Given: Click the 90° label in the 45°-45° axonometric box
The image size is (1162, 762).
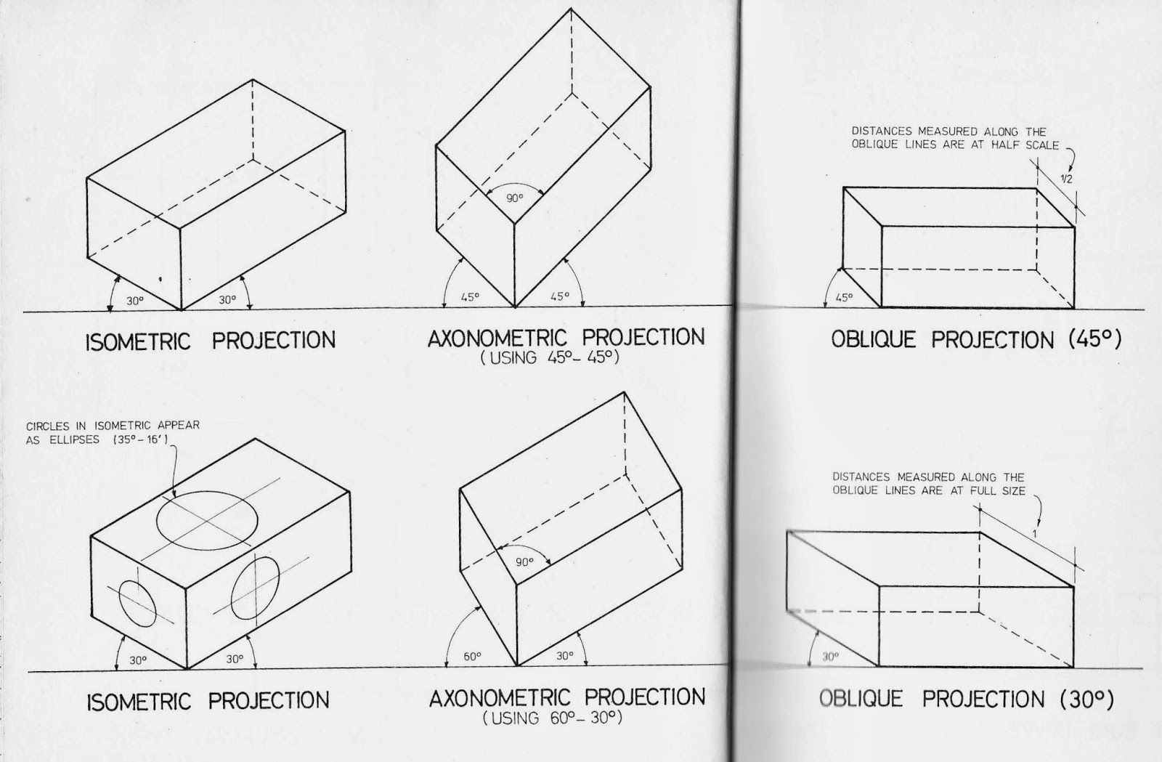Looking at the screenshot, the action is pos(515,198).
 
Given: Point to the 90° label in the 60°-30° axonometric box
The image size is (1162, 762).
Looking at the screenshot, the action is pos(524,562).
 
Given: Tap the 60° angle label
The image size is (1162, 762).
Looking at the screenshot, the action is pos(472,656).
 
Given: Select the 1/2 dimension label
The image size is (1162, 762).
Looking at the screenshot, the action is pos(1066,179).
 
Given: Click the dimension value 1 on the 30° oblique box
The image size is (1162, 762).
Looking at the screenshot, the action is pos(1034,534).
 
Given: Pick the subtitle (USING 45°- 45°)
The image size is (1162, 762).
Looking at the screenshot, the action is pos(550,357).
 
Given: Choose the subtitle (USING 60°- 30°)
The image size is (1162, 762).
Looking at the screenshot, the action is pos(553,718).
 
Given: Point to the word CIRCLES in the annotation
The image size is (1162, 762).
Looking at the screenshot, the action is pos(48,426).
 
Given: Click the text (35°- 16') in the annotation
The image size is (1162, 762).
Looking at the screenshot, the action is pos(140,440).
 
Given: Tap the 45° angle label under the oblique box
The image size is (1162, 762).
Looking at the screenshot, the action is pos(844,298).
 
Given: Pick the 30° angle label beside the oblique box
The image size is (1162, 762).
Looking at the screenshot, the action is pos(831,657).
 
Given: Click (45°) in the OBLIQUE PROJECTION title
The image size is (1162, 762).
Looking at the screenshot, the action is pos(1096,340).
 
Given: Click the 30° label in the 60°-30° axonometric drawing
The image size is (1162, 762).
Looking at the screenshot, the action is pos(565,656).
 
